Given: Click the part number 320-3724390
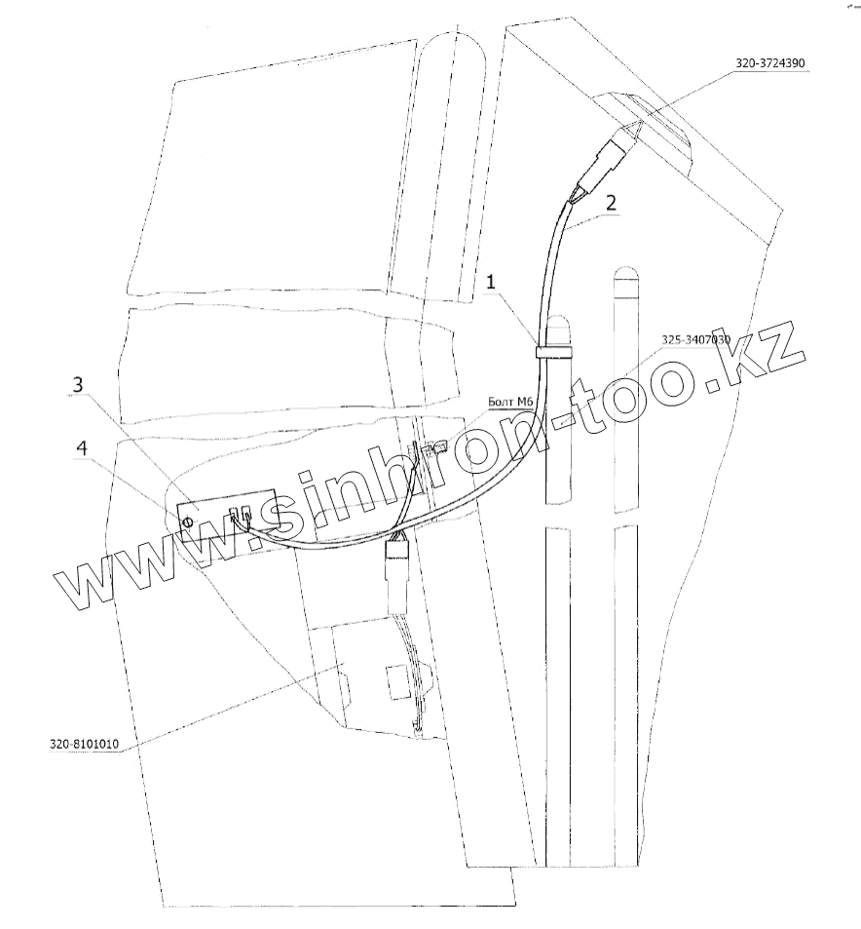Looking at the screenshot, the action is tap(769, 63).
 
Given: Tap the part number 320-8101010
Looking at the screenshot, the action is tap(84, 745).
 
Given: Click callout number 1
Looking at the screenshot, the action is tap(493, 282).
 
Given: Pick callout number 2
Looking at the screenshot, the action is tap(610, 204).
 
